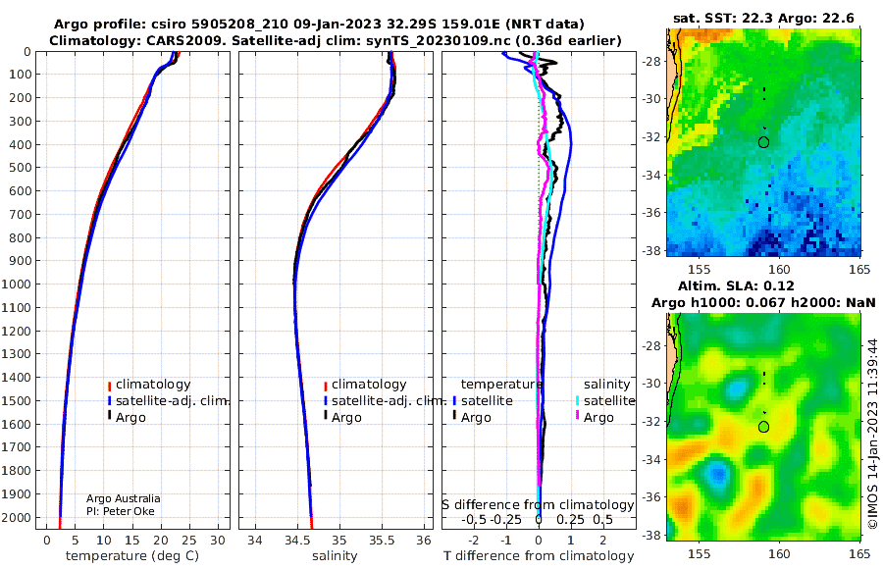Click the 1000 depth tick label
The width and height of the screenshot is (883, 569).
pos(17,284)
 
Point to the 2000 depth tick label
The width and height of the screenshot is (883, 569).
pos(17,518)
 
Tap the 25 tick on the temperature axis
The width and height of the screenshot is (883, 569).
pos(189,541)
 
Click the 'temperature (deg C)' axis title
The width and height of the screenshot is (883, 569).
pos(132,556)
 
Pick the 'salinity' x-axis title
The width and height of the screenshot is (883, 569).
pos(335,556)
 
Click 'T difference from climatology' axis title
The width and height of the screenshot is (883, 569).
pos(539,556)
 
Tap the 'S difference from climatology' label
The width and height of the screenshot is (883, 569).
pos(538,504)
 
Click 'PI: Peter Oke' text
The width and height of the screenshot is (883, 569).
pos(121,511)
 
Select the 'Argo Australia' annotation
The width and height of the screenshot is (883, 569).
pos(124,498)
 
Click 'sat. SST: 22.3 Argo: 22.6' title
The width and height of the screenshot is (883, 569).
pos(763,18)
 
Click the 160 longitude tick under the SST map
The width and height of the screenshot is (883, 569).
pos(779,270)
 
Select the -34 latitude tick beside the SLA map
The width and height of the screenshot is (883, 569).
pos(651,460)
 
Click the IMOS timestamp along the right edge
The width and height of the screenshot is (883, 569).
pos(873,434)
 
